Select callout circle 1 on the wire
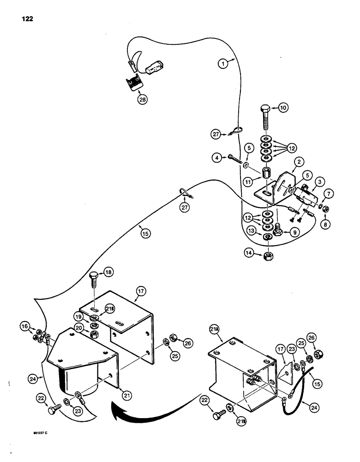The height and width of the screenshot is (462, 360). click(223, 64)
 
